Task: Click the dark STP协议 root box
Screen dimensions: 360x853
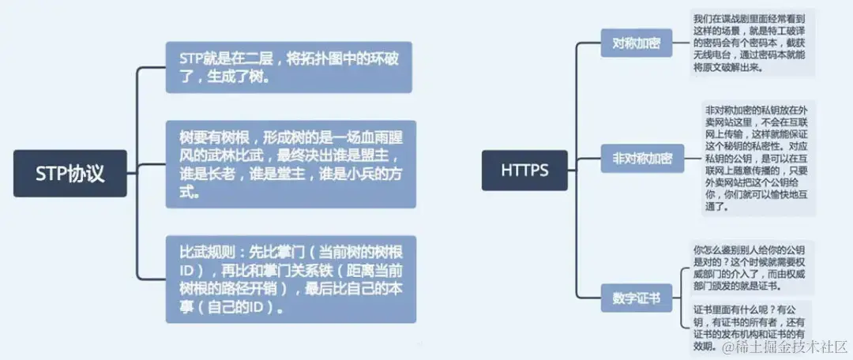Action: click(70, 173)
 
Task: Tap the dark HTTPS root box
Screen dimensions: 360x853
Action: click(524, 169)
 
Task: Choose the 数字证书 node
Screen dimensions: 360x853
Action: click(637, 299)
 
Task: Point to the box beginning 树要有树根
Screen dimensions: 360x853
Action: click(290, 164)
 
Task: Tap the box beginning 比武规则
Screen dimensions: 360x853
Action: click(290, 279)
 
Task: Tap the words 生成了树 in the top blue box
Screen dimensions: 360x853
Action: click(240, 77)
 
